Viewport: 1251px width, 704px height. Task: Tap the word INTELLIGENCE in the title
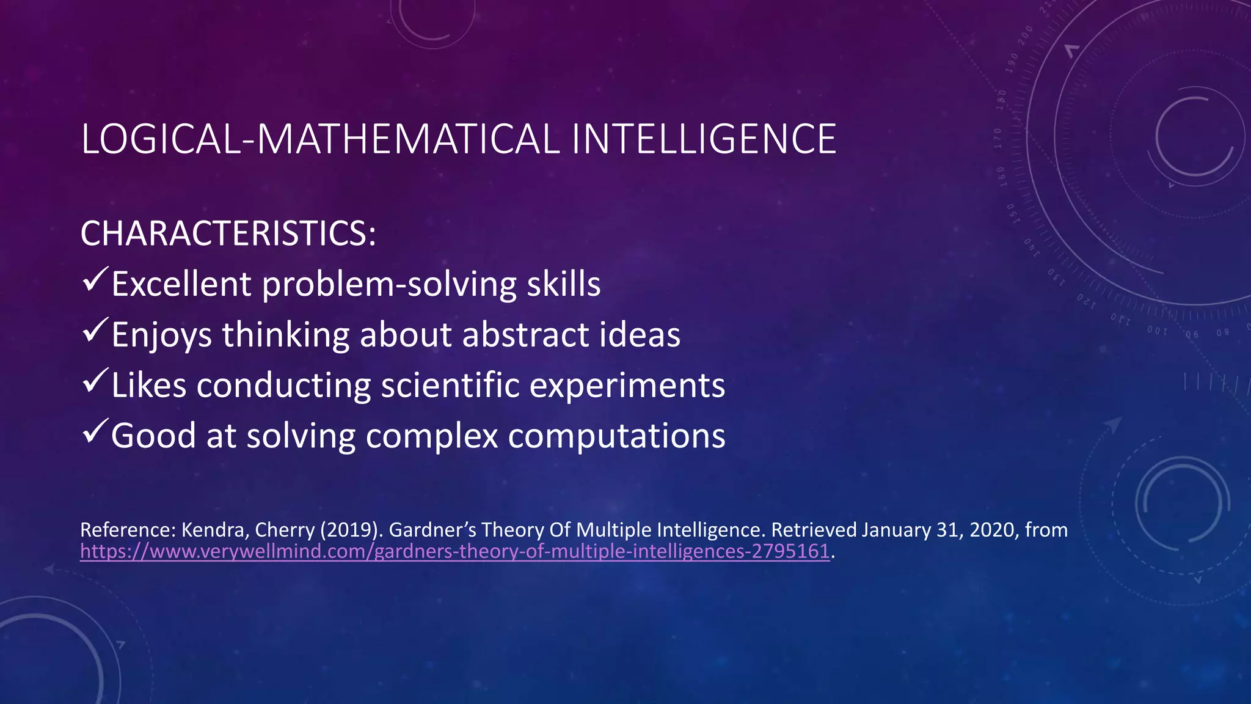[x=703, y=139]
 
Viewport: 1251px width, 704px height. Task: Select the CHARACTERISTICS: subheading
[x=228, y=233]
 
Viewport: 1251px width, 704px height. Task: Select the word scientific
[x=449, y=386]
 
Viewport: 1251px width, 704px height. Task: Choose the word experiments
[x=627, y=386]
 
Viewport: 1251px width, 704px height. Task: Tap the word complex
[x=432, y=436]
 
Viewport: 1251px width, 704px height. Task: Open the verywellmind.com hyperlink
[x=454, y=551]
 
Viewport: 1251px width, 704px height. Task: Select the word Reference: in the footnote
[x=128, y=529]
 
